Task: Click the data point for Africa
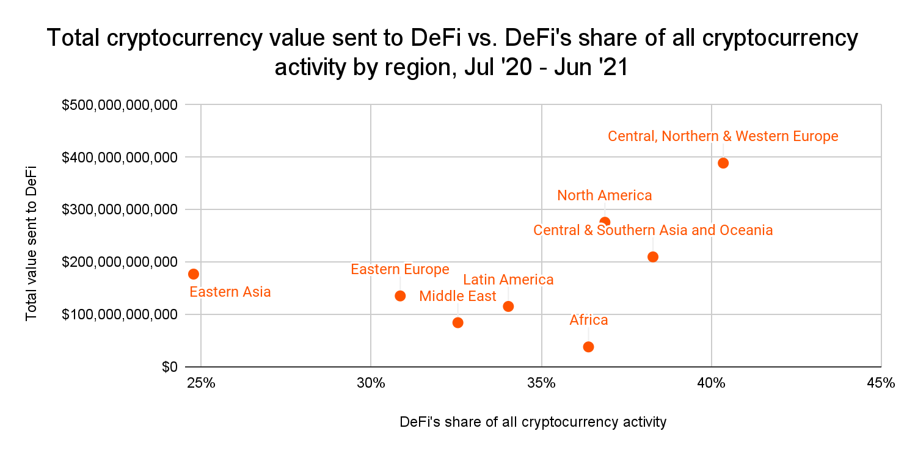pos(588,347)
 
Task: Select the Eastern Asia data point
pos(194,274)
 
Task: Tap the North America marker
pos(605,222)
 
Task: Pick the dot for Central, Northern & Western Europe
pos(723,163)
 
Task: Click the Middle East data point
pos(457,322)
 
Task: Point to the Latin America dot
pos(508,306)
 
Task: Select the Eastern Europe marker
pos(400,295)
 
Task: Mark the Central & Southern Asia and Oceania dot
pos(653,256)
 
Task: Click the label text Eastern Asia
pos(230,292)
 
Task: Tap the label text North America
pos(604,195)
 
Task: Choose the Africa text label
pos(588,320)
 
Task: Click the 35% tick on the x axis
pos(541,383)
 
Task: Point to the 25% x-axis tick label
pos(201,383)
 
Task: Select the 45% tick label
pos(881,383)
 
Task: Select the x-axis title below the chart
pos(533,422)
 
